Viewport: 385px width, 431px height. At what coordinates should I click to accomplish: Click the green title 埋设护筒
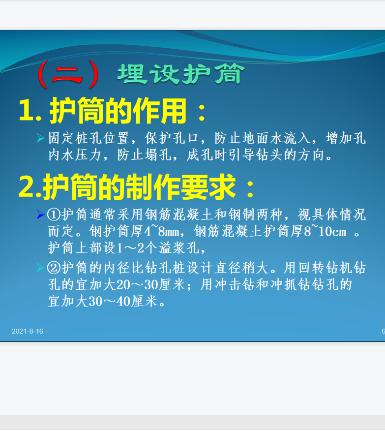pos(181,74)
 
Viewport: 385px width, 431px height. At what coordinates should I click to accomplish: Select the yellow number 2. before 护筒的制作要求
pos(30,187)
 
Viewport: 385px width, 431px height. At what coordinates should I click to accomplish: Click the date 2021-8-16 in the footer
pos(28,331)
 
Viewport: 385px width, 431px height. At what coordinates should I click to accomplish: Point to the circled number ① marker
pos(54,215)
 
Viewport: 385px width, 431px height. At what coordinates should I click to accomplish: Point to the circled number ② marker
pos(54,268)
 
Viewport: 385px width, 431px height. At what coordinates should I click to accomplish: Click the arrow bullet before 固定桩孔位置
pos(41,138)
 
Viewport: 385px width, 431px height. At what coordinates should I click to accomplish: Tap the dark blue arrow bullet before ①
pos(41,215)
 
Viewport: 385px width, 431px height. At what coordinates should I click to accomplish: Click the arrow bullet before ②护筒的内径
pos(41,268)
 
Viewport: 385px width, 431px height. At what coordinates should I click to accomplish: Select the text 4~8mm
pos(162,231)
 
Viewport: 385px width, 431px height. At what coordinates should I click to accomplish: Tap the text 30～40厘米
pos(123,301)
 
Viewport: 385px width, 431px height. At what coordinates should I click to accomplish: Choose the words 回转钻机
pos(325,268)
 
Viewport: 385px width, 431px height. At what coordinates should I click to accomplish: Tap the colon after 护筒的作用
pos(202,112)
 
